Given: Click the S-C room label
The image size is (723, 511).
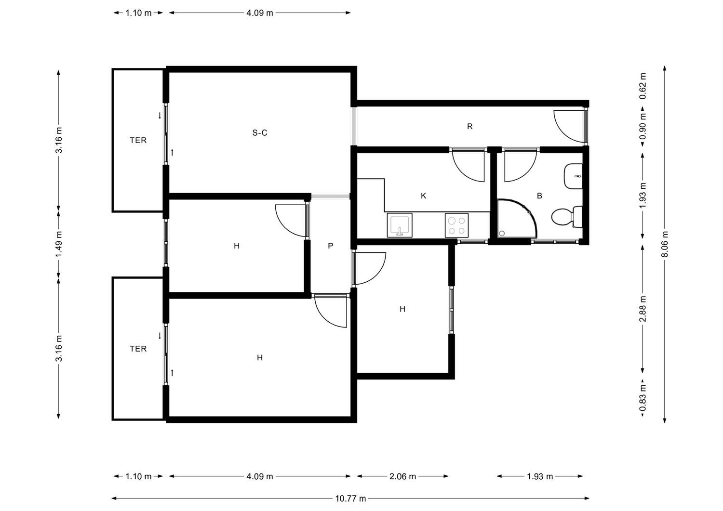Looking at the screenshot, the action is pyautogui.click(x=259, y=132).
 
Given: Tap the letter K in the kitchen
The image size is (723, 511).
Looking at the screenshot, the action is pyautogui.click(x=424, y=196).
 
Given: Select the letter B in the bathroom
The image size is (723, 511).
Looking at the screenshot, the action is pyautogui.click(x=539, y=196).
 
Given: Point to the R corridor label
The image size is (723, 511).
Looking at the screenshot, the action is pyautogui.click(x=469, y=126).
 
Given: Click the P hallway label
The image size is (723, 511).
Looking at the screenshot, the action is pyautogui.click(x=330, y=246).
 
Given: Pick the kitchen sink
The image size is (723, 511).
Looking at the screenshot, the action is pyautogui.click(x=400, y=225).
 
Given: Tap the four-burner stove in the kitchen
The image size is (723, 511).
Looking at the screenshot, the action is pyautogui.click(x=456, y=225).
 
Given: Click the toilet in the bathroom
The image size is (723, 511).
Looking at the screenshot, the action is pyautogui.click(x=567, y=217).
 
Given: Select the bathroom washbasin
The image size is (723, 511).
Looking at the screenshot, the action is pyautogui.click(x=573, y=176).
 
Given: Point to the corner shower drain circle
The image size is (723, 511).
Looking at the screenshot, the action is pyautogui.click(x=502, y=233).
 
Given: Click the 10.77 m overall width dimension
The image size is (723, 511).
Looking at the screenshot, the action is pyautogui.click(x=350, y=498).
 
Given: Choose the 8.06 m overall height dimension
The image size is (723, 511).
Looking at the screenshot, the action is pyautogui.click(x=665, y=244).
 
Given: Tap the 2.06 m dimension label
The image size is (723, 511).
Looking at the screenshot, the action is pyautogui.click(x=402, y=476).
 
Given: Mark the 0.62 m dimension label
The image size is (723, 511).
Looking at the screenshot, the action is pyautogui.click(x=643, y=86).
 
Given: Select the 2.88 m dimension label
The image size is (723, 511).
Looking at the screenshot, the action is pyautogui.click(x=643, y=309).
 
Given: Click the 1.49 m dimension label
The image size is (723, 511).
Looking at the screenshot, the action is pyautogui.click(x=58, y=244).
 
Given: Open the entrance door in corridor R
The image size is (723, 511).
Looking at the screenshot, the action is pyautogui.click(x=570, y=126).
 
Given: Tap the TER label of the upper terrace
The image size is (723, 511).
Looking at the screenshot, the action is pyautogui.click(x=138, y=140).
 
